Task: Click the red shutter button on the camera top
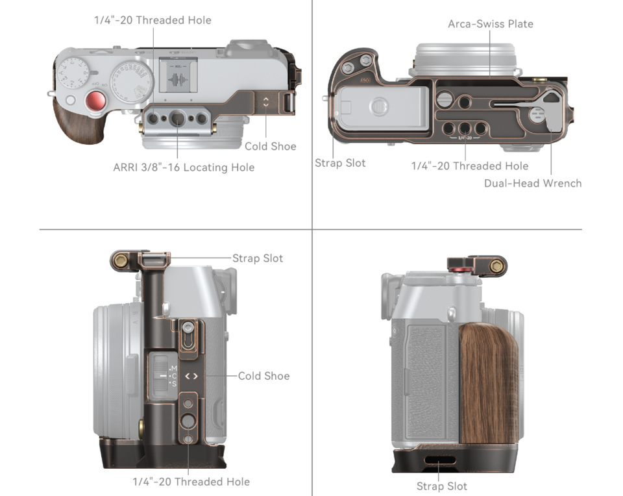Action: (x=96, y=101)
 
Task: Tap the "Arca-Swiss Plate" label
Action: (x=491, y=24)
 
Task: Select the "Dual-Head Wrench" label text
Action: (x=533, y=183)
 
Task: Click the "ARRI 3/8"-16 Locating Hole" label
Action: (x=184, y=167)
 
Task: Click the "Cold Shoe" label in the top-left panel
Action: (x=270, y=146)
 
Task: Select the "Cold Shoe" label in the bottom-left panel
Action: (x=263, y=376)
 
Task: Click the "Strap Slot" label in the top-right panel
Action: (x=340, y=163)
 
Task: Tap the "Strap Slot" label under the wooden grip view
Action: (x=442, y=486)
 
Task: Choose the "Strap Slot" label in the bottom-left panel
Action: (x=258, y=258)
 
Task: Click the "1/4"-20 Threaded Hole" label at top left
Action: (x=153, y=20)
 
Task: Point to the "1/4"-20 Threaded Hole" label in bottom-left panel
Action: (x=191, y=482)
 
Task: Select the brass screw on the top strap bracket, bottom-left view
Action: (x=119, y=261)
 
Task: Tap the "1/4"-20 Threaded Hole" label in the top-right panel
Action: (x=470, y=166)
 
